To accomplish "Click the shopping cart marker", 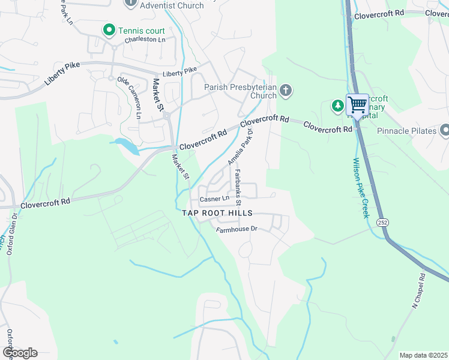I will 357,106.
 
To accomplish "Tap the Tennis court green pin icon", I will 109,29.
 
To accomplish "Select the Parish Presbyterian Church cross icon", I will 286,91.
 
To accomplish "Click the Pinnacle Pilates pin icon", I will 445,130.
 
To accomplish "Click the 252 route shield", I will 382,222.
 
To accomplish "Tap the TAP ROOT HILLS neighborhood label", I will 217,214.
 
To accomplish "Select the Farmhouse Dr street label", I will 237,229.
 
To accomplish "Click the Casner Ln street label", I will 214,199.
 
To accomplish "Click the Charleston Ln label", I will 145,40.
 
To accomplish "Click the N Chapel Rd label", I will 418,291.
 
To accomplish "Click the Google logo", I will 20,353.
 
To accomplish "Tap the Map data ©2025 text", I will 423,355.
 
